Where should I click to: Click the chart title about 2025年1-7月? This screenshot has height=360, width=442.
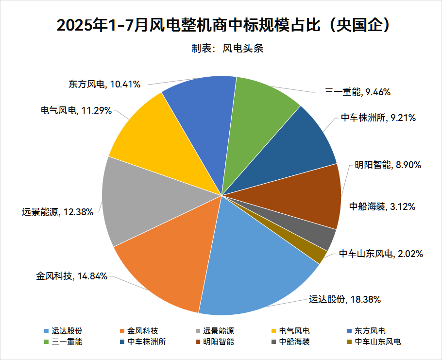221,24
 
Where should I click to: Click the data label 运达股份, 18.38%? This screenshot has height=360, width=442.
345,299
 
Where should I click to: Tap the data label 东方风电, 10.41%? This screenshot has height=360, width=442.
104,84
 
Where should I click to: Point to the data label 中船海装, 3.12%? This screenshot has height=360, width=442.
382,207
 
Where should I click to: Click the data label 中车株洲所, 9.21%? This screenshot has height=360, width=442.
377,118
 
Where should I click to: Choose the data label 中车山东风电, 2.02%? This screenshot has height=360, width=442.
381,253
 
